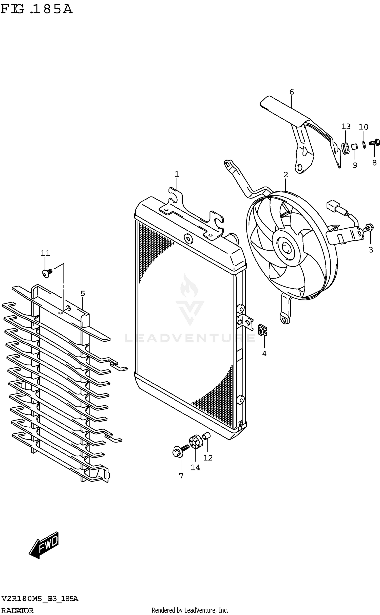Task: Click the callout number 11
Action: pyautogui.click(x=45, y=253)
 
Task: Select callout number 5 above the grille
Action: pyautogui.click(x=83, y=294)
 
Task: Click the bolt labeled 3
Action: pyautogui.click(x=368, y=228)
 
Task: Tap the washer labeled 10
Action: pyautogui.click(x=364, y=144)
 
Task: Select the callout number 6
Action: pyautogui.click(x=292, y=92)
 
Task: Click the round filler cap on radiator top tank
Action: pyautogui.click(x=188, y=238)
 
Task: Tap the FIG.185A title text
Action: pyautogui.click(x=37, y=10)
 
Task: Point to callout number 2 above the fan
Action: pyautogui.click(x=286, y=174)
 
